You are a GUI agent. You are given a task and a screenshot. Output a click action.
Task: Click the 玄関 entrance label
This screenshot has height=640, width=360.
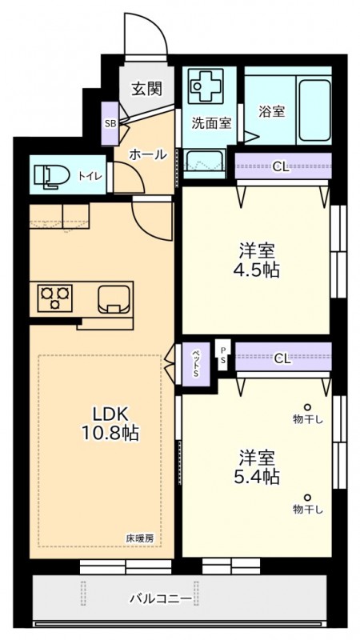pos(146,89)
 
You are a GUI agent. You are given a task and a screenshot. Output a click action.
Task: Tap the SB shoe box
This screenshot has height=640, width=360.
pos(110,124)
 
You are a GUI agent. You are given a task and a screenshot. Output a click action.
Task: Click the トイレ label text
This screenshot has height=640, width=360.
pos(90,176)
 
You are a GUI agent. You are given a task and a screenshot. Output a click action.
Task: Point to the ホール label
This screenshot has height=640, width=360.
pos(148,154)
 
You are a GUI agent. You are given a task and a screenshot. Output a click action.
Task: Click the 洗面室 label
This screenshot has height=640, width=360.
pos(211,123)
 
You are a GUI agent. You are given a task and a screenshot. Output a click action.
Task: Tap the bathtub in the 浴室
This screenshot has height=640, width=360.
pos(314,110)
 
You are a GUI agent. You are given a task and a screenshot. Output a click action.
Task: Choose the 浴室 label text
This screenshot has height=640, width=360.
pos(271,111)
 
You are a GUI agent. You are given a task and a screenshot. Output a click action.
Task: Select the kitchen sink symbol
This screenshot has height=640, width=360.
pos(115,298)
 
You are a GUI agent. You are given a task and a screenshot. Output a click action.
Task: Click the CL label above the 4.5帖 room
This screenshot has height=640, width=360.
pos(282,166)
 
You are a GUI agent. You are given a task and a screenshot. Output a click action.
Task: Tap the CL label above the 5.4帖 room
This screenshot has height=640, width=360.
pos(282,359)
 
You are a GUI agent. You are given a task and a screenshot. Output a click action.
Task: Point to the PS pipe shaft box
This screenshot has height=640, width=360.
pos(223,355)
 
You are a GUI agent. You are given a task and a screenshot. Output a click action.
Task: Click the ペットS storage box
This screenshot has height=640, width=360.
pos(196,364)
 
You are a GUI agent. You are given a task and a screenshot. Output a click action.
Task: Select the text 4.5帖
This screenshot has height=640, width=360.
pos(257,270)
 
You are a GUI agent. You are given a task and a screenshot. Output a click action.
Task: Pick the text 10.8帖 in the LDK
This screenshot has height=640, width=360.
pos(110,433)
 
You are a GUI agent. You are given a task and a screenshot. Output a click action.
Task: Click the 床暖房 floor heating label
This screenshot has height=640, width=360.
pos(139,538)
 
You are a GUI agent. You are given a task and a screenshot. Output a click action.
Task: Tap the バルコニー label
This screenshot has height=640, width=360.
pos(161,599)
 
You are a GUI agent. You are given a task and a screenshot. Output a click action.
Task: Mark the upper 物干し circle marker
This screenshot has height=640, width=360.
pos(307,407)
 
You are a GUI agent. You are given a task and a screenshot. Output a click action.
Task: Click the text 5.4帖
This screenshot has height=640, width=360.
pos(257,476)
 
